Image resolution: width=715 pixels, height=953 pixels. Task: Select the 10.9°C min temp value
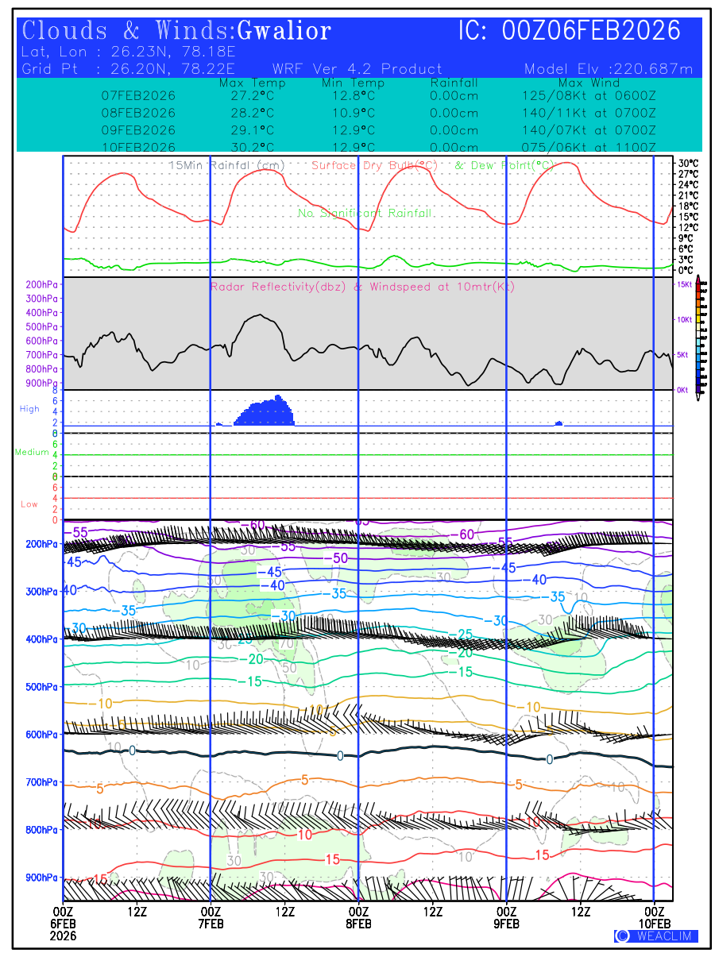click(x=353, y=113)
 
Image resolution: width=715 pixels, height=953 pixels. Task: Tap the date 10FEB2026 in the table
click(x=138, y=147)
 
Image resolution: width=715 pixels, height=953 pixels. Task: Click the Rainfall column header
click(x=454, y=83)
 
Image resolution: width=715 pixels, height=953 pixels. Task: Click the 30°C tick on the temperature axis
click(x=688, y=163)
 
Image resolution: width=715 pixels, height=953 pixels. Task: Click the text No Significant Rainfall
click(x=365, y=214)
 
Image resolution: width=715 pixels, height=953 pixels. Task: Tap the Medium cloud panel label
click(x=33, y=452)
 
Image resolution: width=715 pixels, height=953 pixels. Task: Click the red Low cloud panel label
click(x=29, y=504)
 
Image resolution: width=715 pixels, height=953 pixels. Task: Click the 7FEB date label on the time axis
click(x=211, y=924)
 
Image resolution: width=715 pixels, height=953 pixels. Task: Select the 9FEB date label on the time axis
click(x=507, y=924)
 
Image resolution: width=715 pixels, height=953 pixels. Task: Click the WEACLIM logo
click(x=655, y=936)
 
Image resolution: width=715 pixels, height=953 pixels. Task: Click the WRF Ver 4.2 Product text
click(x=357, y=69)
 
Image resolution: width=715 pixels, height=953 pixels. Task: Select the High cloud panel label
click(x=29, y=409)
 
